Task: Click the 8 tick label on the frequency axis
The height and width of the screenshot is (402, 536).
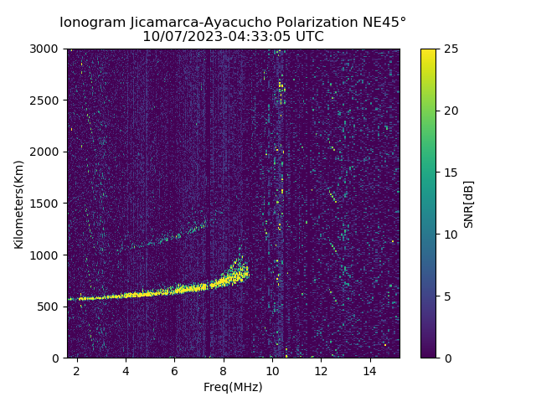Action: tap(223, 370)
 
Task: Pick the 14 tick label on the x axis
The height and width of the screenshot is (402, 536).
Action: tap(369, 370)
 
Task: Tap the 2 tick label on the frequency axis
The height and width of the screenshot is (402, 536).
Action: tap(77, 370)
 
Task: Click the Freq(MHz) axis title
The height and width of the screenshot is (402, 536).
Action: tap(233, 387)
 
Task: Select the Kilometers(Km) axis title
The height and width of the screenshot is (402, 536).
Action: tap(19, 204)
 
